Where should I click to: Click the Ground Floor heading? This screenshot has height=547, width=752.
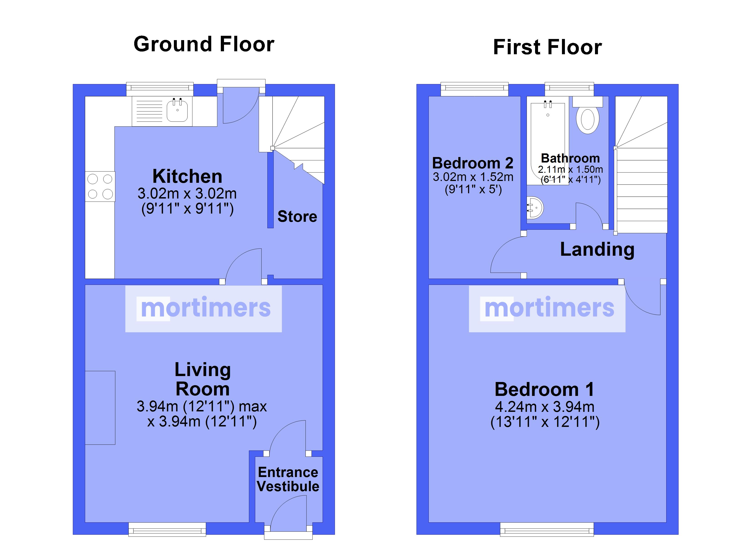204,44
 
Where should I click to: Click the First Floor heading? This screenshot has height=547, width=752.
547,47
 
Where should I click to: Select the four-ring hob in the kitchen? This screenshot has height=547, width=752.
100,186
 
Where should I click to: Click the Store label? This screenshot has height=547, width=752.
297,216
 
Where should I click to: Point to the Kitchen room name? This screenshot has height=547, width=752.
187,176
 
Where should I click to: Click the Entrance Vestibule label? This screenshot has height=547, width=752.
288,479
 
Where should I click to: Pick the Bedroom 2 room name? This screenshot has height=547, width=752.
473,163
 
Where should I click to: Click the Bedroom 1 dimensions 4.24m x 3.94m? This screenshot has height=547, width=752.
545,407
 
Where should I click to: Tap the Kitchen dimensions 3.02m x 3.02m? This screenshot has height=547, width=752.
187,194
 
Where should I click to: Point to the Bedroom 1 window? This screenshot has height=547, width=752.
547,529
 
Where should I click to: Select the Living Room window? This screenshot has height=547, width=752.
167,529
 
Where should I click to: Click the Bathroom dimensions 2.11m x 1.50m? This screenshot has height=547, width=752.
570,170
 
